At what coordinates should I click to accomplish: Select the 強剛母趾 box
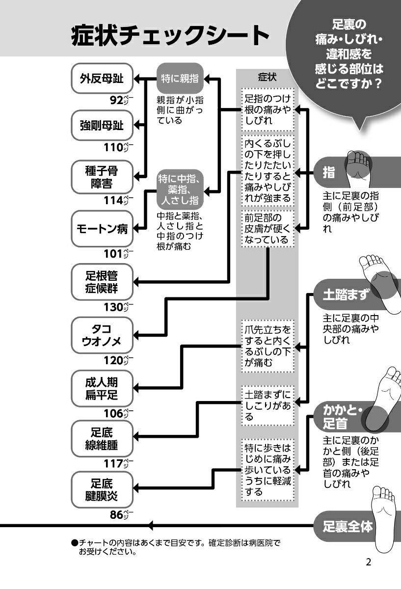[102, 126]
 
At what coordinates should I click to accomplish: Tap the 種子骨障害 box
[102, 177]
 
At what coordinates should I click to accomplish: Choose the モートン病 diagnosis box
[102, 229]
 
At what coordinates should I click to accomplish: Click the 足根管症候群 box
[102, 282]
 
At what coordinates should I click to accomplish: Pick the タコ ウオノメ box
[102, 335]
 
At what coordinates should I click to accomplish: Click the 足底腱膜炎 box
[102, 490]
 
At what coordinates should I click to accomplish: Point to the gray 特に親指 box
[180, 78]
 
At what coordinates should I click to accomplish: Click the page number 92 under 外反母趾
[116, 101]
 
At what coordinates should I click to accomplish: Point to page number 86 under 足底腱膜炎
[116, 515]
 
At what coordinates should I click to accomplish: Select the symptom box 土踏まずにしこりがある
[268, 405]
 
